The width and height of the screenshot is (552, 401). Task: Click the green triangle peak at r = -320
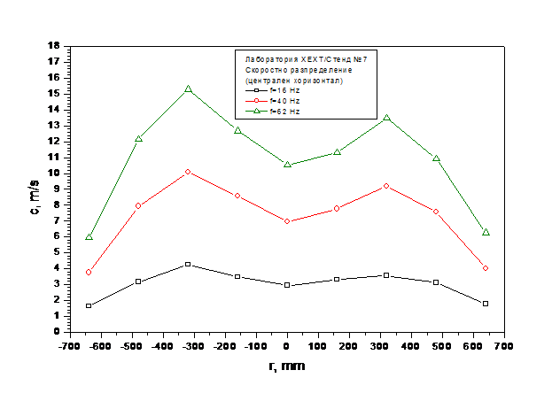(x=188, y=89)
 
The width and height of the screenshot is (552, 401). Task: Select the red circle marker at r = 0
(x=287, y=221)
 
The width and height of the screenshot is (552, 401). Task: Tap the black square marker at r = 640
(x=486, y=304)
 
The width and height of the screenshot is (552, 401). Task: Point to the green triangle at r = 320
(x=386, y=118)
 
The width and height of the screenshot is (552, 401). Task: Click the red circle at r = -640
(x=89, y=273)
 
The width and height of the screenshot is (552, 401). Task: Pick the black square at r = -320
(x=188, y=264)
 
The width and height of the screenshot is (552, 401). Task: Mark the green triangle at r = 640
(x=486, y=232)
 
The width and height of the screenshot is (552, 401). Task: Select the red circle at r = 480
(x=436, y=212)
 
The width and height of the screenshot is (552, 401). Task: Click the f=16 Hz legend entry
(x=273, y=90)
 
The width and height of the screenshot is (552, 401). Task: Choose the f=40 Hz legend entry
(x=273, y=101)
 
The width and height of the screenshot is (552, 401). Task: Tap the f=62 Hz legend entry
(x=273, y=112)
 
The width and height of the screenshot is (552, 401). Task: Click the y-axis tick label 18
(x=54, y=45)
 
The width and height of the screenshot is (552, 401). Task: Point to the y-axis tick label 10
(x=54, y=174)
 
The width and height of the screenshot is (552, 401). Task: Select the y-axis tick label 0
(x=57, y=331)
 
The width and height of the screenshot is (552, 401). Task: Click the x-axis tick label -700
(x=70, y=346)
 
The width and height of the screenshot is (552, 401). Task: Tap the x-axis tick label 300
(x=380, y=346)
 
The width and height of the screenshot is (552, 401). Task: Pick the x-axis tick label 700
(x=504, y=346)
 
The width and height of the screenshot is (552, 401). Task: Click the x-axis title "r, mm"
(x=287, y=366)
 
